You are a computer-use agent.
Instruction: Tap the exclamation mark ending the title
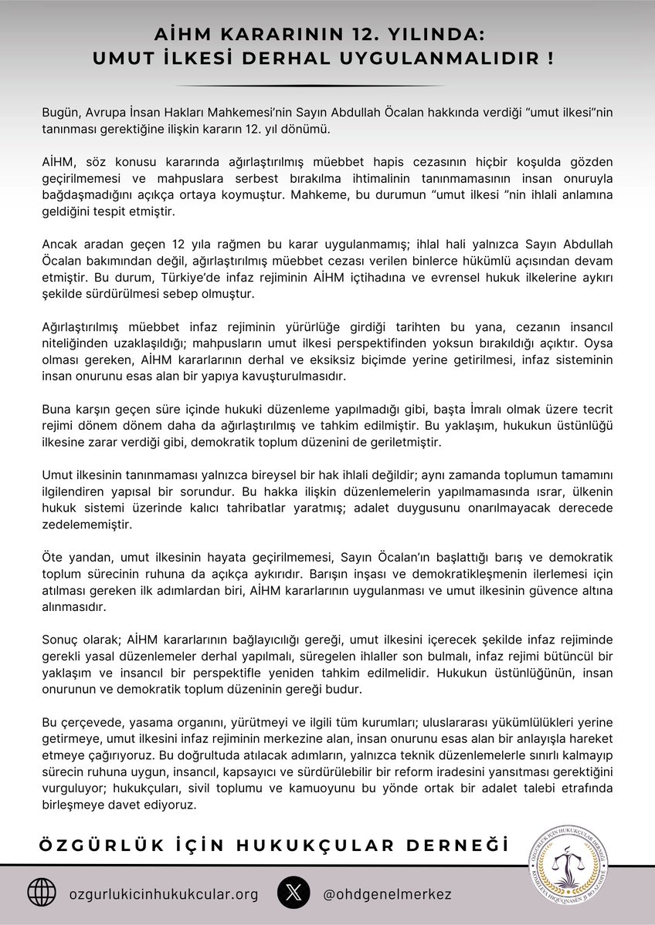(x=549, y=58)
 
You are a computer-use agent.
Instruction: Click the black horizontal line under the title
(x=327, y=85)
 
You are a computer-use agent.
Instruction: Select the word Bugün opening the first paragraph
(x=61, y=113)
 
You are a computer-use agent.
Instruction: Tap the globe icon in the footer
(x=42, y=893)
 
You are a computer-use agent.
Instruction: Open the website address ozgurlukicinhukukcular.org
(x=164, y=893)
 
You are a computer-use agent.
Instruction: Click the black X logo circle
(x=293, y=893)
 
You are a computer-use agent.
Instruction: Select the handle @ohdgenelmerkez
(x=387, y=893)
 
